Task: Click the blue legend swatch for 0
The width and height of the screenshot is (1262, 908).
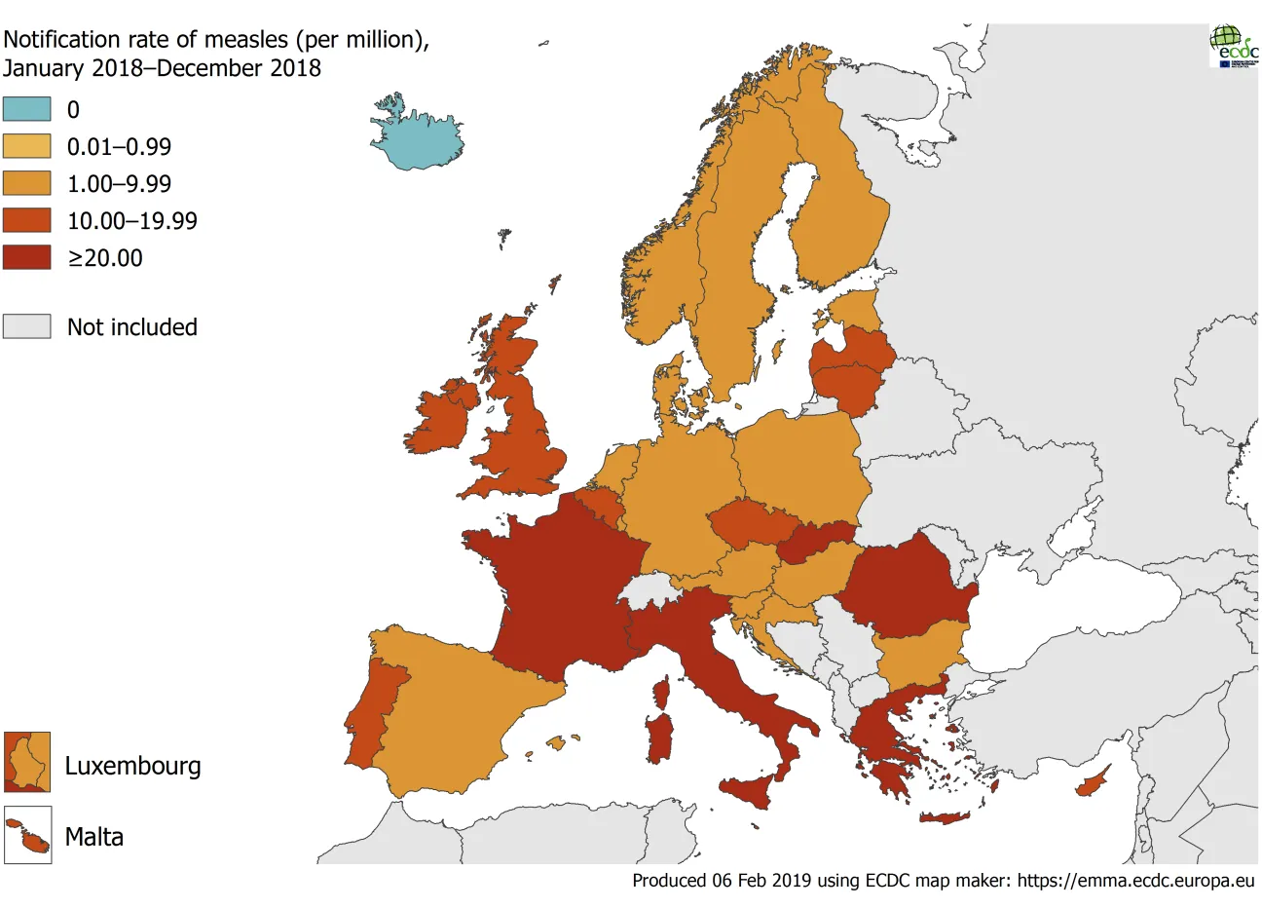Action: (x=26, y=109)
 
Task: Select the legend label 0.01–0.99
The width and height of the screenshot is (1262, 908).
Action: (x=119, y=147)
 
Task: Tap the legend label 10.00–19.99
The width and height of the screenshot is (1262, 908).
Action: (x=131, y=221)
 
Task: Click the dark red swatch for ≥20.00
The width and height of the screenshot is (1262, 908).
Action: (x=26, y=257)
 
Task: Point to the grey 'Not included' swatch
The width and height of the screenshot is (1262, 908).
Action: (x=26, y=326)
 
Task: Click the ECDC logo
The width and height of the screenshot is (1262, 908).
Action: (x=1234, y=46)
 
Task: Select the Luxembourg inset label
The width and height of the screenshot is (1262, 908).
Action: (x=132, y=766)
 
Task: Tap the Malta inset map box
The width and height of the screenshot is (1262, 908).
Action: (x=27, y=836)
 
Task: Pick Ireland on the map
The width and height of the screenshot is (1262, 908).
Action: (x=440, y=419)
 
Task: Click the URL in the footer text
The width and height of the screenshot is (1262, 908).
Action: (x=1135, y=881)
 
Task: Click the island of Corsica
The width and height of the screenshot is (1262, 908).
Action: (x=662, y=693)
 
